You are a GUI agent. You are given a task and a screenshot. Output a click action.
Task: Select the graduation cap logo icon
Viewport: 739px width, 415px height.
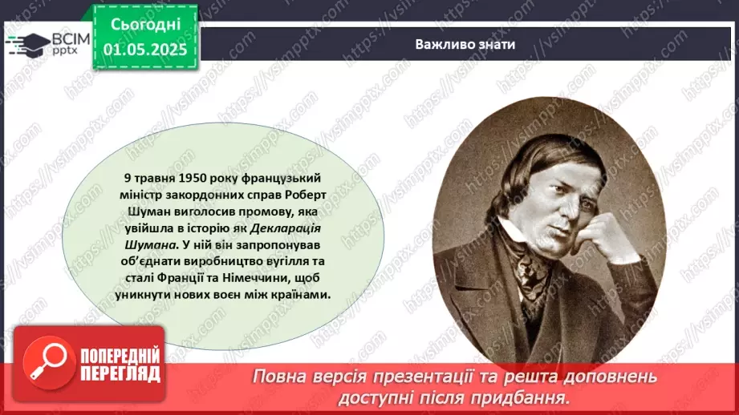(x=26, y=45)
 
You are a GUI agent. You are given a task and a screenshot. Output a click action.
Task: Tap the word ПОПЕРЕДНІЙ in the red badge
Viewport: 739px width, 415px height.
(x=120, y=355)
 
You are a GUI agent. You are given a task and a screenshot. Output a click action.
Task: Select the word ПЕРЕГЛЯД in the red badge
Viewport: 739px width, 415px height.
(x=120, y=373)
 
